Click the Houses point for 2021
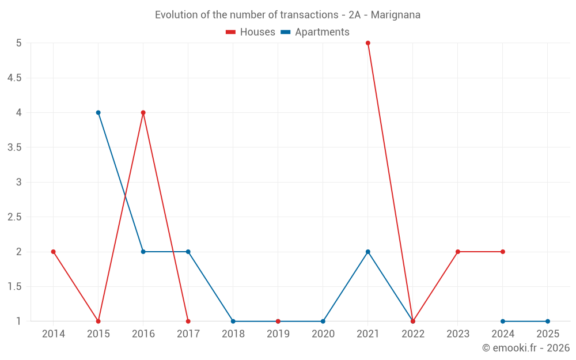coord(368,43)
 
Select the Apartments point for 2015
coord(98,113)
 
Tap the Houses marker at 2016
coord(143,113)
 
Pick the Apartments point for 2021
coord(368,252)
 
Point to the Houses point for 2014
coord(54,252)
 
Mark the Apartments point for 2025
coord(548,321)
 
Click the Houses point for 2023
coord(458,252)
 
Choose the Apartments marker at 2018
coord(233,321)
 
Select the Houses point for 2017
coord(188,321)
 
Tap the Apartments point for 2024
coord(503,321)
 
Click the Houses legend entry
coord(251,32)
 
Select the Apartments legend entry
coord(315,32)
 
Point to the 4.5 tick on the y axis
coord(14,78)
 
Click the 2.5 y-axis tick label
coord(14,217)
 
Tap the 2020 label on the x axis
coord(323,334)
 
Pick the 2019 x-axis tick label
coord(278,334)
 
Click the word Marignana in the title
coord(396,15)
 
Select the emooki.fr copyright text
coord(526,348)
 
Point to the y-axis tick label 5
coord(19,43)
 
